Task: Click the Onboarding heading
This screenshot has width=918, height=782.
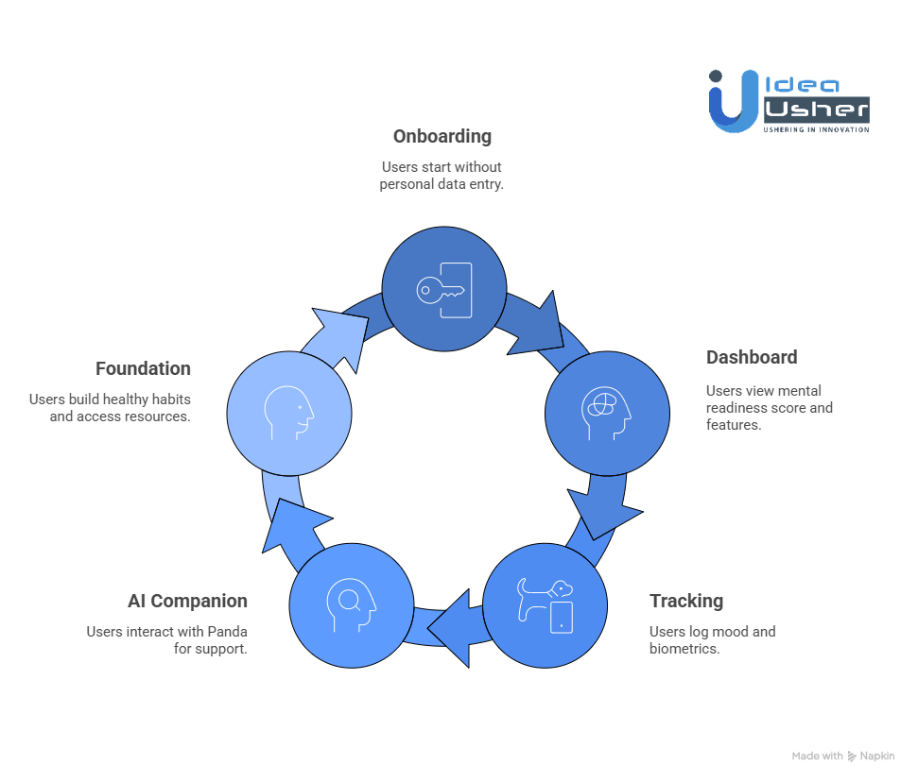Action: click(x=442, y=136)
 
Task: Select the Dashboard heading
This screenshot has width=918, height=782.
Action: click(x=752, y=357)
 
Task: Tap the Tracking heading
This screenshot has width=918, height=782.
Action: click(x=686, y=601)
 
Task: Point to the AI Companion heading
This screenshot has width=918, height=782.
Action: click(x=187, y=601)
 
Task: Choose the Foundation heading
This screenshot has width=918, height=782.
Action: click(x=143, y=368)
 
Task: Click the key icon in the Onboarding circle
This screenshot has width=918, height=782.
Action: click(x=444, y=289)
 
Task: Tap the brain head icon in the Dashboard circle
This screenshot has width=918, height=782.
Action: click(x=606, y=413)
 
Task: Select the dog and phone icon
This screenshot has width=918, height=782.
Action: click(x=546, y=605)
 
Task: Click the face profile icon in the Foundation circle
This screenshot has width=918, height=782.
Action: click(x=289, y=413)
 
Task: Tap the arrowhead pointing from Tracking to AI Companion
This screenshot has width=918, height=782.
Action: click(x=458, y=627)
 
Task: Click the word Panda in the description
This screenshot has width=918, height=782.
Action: click(x=229, y=631)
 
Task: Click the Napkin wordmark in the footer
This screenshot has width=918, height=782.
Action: click(x=878, y=756)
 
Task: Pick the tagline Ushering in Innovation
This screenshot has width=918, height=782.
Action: click(x=816, y=129)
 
